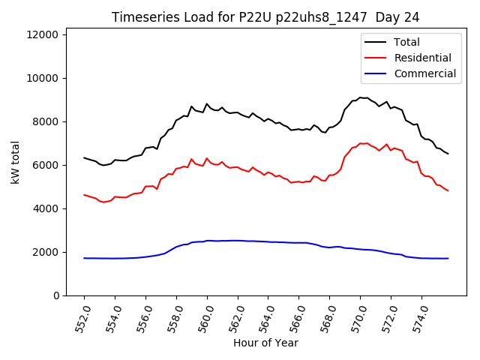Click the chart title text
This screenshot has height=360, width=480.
pos(265,16)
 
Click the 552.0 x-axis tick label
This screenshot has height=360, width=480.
pos(82,318)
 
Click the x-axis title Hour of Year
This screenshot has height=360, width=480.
pos(265,343)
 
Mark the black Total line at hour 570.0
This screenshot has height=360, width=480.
pos(360,97)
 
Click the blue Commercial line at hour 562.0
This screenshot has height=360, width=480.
pos(238,241)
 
